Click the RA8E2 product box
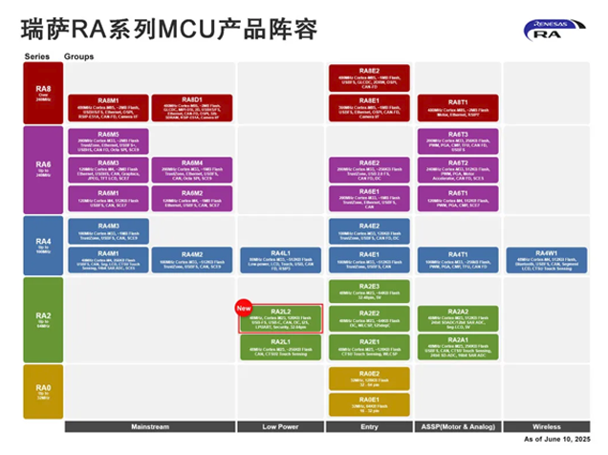pyautogui.click(x=368, y=76)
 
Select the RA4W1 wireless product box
pyautogui.click(x=546, y=259)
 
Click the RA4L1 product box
pyautogui.click(x=280, y=259)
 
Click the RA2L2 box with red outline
pyautogui.click(x=281, y=318)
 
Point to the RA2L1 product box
pyautogui.click(x=280, y=347)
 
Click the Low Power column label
pyautogui.click(x=281, y=426)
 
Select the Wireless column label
pyautogui.click(x=546, y=426)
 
